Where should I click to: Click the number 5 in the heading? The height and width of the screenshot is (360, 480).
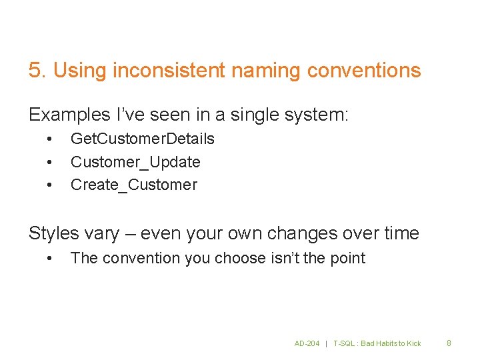point(35,70)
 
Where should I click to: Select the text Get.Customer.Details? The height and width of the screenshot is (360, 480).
point(142,139)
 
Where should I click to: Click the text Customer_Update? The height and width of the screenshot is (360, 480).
point(135,162)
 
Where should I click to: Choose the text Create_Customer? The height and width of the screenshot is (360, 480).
point(133,185)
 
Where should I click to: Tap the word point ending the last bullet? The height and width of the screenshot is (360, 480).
point(347,258)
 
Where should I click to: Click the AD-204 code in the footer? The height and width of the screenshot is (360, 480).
point(307,343)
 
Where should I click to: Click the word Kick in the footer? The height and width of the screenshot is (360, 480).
point(413,343)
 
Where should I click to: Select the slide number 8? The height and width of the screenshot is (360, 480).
point(449,343)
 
